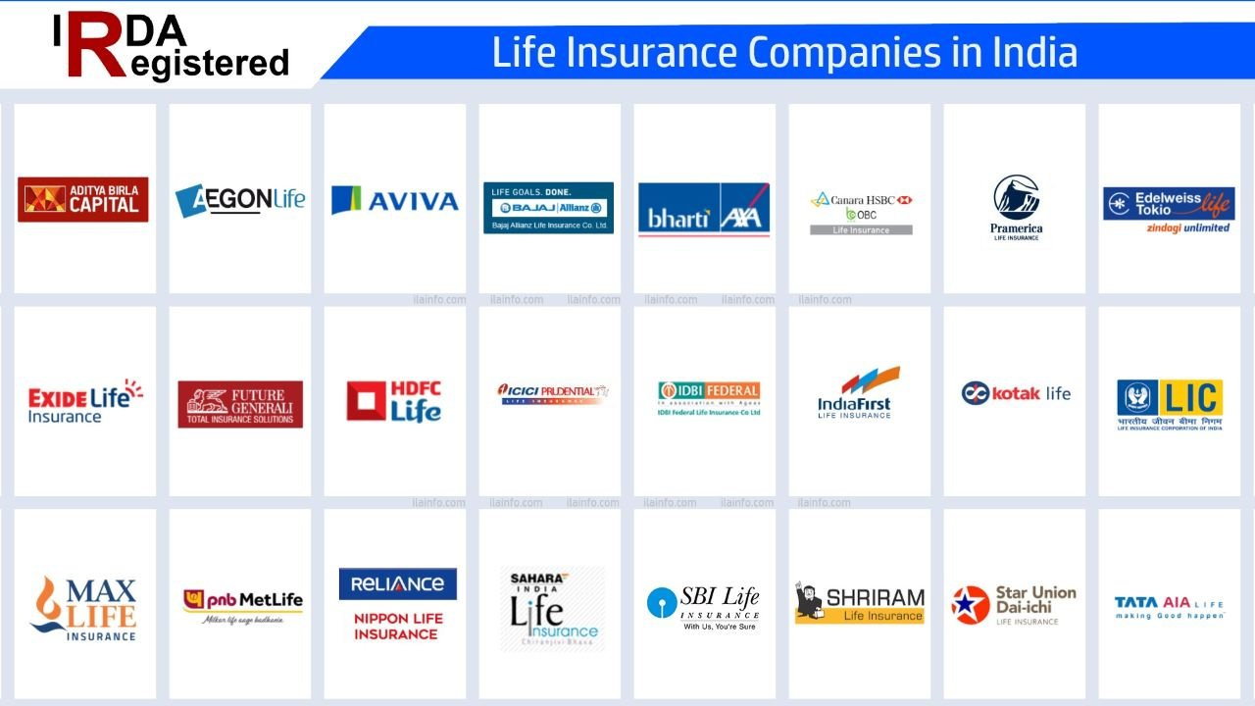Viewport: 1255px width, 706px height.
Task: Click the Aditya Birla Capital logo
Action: tap(83, 199)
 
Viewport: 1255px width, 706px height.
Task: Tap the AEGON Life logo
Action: tap(240, 200)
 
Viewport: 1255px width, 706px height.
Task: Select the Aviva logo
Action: tap(395, 200)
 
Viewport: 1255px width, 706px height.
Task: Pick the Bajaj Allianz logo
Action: tap(549, 207)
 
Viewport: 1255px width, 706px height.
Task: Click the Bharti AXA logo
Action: tap(704, 208)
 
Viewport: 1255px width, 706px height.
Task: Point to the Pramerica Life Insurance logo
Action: tap(1016, 207)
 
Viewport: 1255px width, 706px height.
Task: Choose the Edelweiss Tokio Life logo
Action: tap(1169, 209)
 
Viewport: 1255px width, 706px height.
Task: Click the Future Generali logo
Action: tap(240, 404)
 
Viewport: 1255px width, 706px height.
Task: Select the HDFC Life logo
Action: tap(394, 401)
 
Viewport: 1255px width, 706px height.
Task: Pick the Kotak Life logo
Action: tap(1016, 393)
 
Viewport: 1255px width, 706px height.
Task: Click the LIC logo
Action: tap(1170, 404)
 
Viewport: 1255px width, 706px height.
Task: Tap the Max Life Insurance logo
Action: tap(85, 608)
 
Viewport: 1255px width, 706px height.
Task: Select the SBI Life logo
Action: tap(703, 606)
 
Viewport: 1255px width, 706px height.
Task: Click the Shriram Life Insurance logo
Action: tap(859, 603)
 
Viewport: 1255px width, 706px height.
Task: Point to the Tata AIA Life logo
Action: tap(1169, 606)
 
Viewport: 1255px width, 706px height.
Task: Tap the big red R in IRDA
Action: tap(95, 45)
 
